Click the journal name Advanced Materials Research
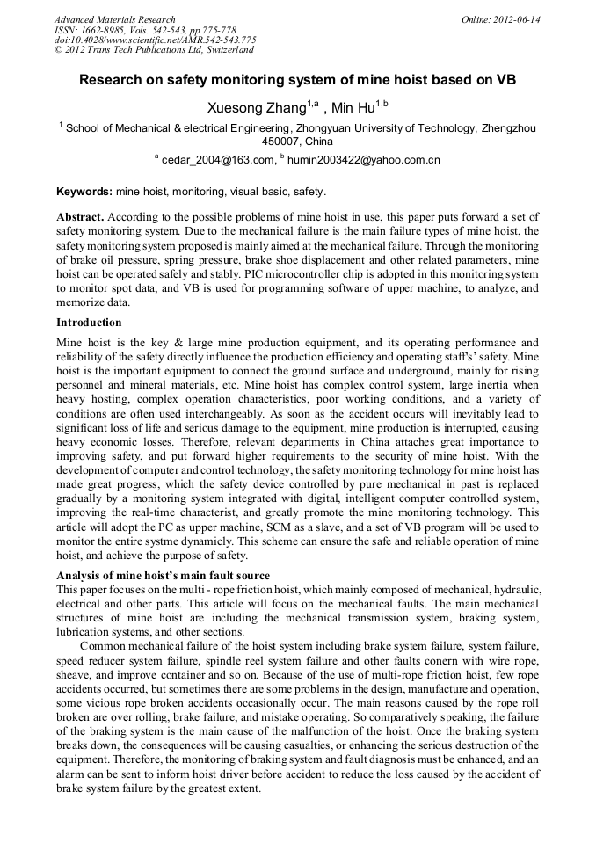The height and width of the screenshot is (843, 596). point(115,19)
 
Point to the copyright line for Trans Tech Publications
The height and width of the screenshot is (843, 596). point(154,51)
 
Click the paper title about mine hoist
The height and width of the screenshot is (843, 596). point(297,80)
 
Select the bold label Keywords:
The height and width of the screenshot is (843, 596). point(84,191)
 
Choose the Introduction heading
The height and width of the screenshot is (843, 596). point(89,323)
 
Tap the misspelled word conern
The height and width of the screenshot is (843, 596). point(447,659)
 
